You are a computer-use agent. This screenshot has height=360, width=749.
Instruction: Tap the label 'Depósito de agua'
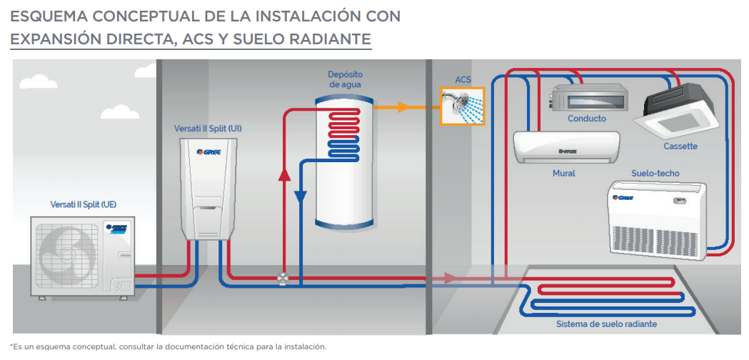click(345, 79)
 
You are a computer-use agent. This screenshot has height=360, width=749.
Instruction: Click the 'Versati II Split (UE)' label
click(83, 204)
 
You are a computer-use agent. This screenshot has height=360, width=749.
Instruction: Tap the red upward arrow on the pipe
click(283, 174)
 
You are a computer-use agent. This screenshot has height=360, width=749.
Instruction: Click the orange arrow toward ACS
click(403, 107)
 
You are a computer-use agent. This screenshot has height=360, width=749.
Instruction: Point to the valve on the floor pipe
click(283, 278)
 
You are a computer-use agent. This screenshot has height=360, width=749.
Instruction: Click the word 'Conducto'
click(587, 119)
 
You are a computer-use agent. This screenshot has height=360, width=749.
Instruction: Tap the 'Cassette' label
click(680, 146)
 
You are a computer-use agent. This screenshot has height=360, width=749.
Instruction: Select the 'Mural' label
click(563, 173)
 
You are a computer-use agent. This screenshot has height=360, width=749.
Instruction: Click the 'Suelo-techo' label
click(655, 174)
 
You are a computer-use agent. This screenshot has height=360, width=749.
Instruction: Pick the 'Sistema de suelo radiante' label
click(606, 324)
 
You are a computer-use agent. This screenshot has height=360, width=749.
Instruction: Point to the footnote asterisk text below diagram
click(169, 346)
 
